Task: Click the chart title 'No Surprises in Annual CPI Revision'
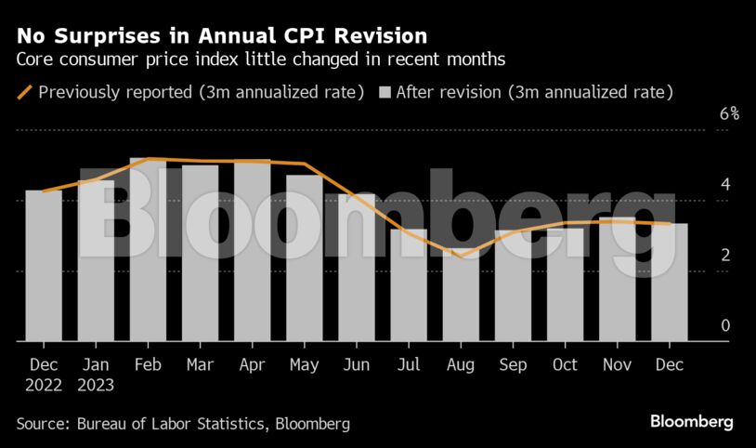(222, 37)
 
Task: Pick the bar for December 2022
(44, 265)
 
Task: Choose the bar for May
(304, 257)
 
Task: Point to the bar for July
(409, 284)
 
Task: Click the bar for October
(565, 284)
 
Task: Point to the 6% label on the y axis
(729, 114)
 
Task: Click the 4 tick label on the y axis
(725, 184)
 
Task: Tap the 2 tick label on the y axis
(725, 255)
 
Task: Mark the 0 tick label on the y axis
(725, 325)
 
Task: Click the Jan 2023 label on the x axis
(96, 374)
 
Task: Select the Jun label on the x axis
(357, 365)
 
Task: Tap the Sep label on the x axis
(513, 365)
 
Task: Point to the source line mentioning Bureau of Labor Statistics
(183, 424)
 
